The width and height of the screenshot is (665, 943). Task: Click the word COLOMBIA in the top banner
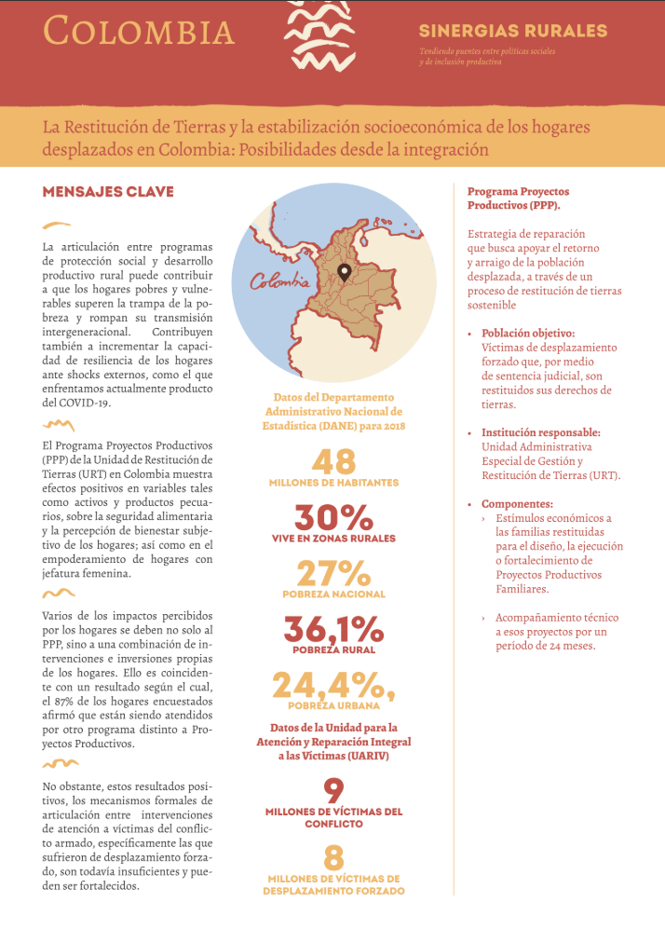pyautogui.click(x=139, y=31)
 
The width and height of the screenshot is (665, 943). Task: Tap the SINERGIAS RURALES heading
pyautogui.click(x=512, y=31)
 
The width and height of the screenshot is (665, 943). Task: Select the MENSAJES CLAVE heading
pyautogui.click(x=108, y=192)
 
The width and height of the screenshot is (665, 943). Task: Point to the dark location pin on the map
pyautogui.click(x=344, y=272)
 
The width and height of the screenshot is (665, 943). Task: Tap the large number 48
pyautogui.click(x=333, y=462)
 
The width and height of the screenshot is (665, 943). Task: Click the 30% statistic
pyautogui.click(x=333, y=517)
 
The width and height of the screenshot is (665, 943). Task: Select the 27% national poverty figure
pyautogui.click(x=333, y=573)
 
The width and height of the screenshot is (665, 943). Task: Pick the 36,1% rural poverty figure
pyautogui.click(x=333, y=629)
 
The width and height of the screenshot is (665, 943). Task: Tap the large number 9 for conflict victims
pyautogui.click(x=333, y=791)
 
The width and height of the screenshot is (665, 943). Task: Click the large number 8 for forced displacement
pyautogui.click(x=333, y=857)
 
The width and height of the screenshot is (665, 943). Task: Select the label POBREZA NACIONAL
pyautogui.click(x=333, y=594)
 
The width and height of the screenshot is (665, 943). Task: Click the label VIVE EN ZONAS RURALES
pyautogui.click(x=333, y=538)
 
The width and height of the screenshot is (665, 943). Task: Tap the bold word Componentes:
pyautogui.click(x=517, y=503)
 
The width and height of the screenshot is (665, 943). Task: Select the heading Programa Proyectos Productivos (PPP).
pyautogui.click(x=518, y=198)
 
